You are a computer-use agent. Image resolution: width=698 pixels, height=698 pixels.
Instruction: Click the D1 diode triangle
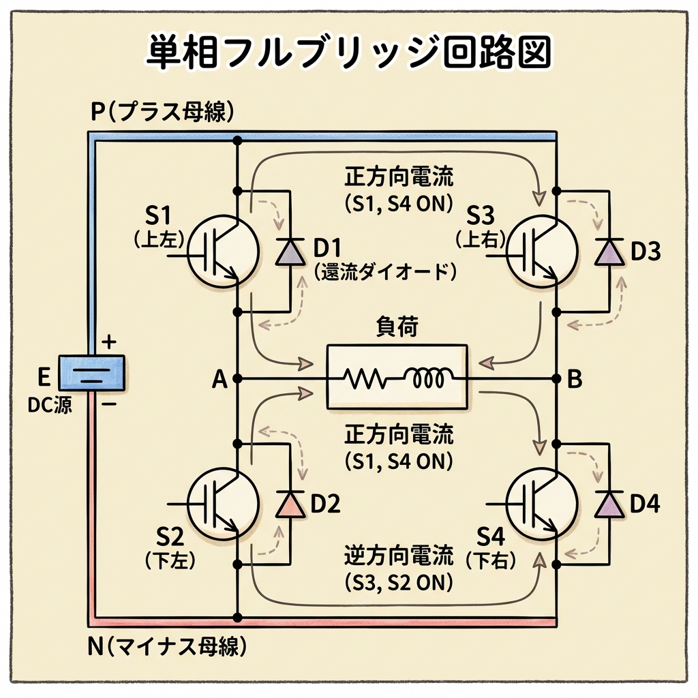coord(291,253)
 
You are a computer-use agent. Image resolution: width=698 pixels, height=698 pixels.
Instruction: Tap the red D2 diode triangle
coord(291,504)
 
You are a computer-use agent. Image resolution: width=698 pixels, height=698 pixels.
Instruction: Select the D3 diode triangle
coord(608,252)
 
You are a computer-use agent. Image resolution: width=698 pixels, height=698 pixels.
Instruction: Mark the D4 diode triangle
coord(608,504)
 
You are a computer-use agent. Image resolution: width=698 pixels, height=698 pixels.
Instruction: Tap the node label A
coord(219,380)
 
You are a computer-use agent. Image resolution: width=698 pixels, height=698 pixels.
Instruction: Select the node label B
coord(575,380)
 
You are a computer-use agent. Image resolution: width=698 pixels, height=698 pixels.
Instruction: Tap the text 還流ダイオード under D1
coord(385,272)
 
